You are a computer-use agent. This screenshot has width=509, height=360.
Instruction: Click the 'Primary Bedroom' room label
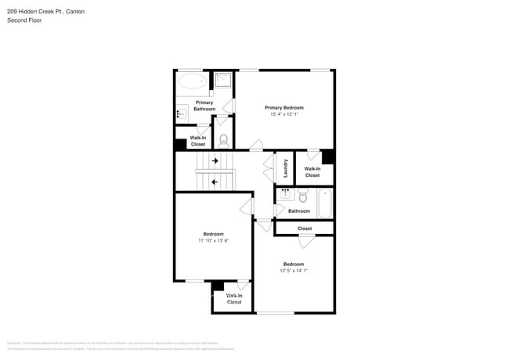pyautogui.click(x=283, y=107)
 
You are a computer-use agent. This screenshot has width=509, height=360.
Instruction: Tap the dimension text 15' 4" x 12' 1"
pyautogui.click(x=283, y=114)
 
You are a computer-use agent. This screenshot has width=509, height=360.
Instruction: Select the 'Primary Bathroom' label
pyautogui.click(x=204, y=106)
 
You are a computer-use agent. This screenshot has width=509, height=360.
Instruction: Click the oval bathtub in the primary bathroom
pyautogui.click(x=191, y=81)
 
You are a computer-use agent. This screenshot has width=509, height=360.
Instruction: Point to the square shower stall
pyautogui.click(x=222, y=80)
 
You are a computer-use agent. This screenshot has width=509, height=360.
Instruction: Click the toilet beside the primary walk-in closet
pyautogui.click(x=223, y=140)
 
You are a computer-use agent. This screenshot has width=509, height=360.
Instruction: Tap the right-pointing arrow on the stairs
pyautogui.click(x=214, y=160)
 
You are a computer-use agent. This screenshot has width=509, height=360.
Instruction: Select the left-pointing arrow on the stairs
pyautogui.click(x=214, y=182)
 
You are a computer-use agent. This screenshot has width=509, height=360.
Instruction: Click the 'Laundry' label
pyautogui.click(x=286, y=168)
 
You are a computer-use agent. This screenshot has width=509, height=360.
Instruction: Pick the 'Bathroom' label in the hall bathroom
pyautogui.click(x=298, y=211)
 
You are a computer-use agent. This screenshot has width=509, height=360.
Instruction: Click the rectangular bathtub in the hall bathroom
pyautogui.click(x=325, y=202)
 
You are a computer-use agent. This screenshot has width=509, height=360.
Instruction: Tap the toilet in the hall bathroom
pyautogui.click(x=302, y=196)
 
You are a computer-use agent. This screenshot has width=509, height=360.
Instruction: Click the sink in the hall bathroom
pyautogui.click(x=284, y=193)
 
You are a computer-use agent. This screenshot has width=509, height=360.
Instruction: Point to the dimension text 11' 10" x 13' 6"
pyautogui.click(x=213, y=240)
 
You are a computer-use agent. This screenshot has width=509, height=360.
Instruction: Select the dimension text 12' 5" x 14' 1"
pyautogui.click(x=294, y=270)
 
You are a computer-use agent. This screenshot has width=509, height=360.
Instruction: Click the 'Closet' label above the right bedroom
pyautogui.click(x=305, y=229)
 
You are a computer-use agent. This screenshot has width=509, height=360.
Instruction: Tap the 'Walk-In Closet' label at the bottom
pyautogui.click(x=234, y=298)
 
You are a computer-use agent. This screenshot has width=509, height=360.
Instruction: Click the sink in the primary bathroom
pyautogui.click(x=180, y=113)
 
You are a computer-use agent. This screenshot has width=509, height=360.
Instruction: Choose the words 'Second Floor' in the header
pyautogui.click(x=24, y=20)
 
